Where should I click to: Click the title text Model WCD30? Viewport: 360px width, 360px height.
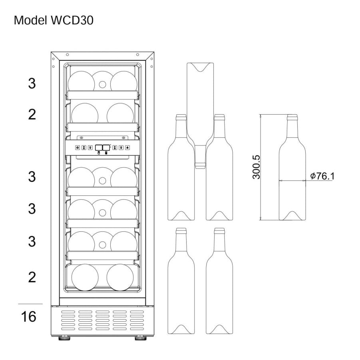coord(54,21)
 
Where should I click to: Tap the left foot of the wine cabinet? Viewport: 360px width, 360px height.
coord(64,338)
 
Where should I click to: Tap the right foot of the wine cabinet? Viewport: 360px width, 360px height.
coord(140,338)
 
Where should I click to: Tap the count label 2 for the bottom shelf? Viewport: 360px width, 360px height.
coord(32,276)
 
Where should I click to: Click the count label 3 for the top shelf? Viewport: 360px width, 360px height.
coord(32,84)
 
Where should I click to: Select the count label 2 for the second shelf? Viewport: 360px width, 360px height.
coord(32,115)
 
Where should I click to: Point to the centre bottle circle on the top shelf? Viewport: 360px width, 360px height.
coord(102,83)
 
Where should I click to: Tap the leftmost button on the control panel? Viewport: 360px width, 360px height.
coord(77,147)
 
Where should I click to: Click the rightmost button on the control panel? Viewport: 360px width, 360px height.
coord(127,147)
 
